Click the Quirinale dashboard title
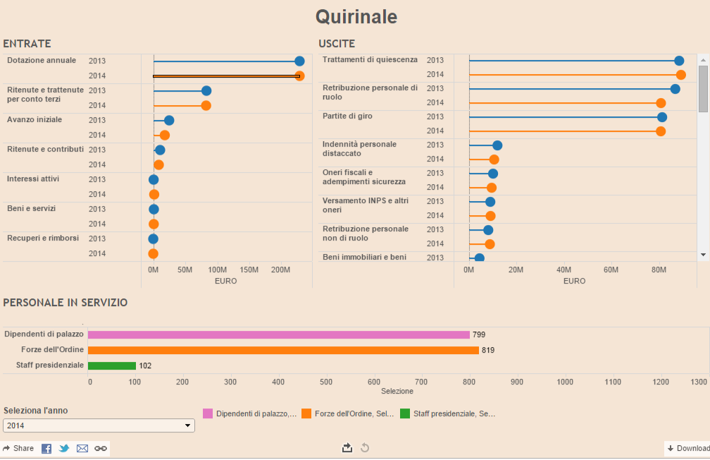click(356, 17)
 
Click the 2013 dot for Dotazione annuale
click(299, 61)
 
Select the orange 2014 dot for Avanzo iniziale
click(165, 135)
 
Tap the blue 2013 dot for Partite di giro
click(662, 117)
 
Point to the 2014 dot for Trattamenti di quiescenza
click(680, 75)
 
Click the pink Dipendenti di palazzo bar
click(278, 335)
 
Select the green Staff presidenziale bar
click(111, 365)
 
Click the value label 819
click(489, 350)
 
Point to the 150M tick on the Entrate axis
click(249, 270)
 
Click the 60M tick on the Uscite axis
click(611, 270)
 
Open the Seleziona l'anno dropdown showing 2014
click(99, 425)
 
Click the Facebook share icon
click(46, 449)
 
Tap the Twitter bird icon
click(64, 449)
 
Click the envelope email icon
click(82, 449)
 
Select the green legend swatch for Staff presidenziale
click(405, 414)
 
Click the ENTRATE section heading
click(27, 44)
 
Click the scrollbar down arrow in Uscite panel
click(703, 254)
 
